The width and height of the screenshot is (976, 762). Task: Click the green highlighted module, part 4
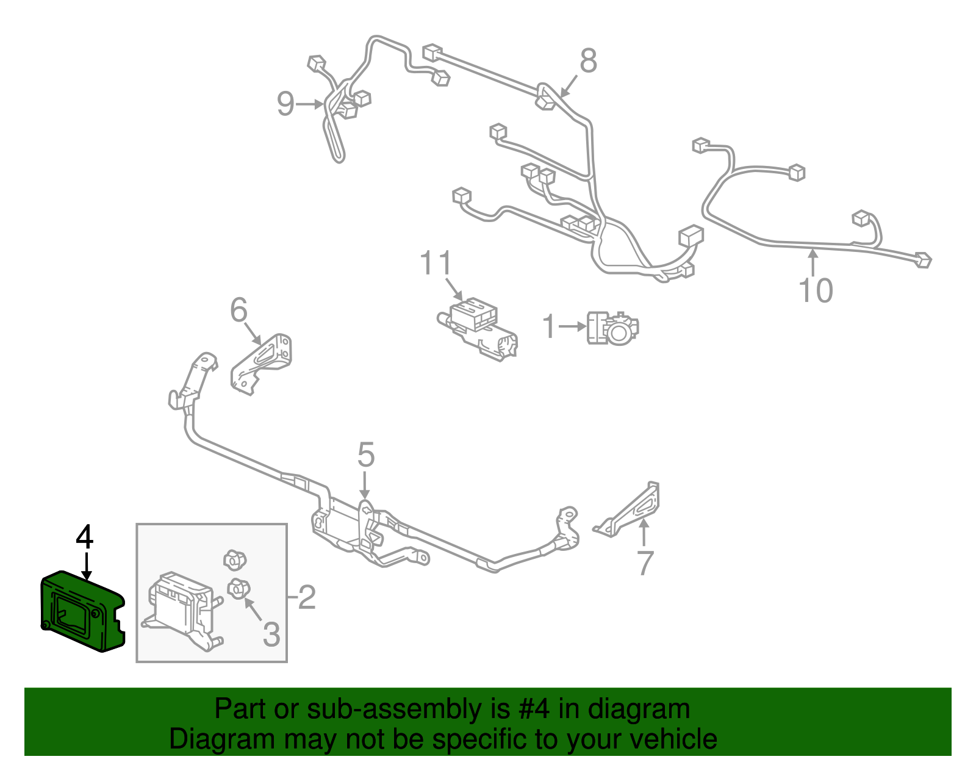[x=82, y=611]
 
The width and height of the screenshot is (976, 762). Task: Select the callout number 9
[x=285, y=104]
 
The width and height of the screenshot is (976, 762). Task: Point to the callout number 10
[x=816, y=290]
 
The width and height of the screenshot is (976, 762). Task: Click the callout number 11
[x=435, y=263]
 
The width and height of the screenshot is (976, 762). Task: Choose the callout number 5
[x=365, y=455]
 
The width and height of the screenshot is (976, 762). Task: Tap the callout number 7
[x=645, y=563]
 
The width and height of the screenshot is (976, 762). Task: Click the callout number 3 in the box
[x=271, y=634]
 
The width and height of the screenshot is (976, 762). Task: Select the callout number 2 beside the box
[x=307, y=597]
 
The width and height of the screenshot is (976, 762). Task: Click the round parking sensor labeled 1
[x=612, y=329]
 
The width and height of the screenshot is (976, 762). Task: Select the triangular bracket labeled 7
[x=629, y=510]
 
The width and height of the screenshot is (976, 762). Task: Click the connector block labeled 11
[x=477, y=329]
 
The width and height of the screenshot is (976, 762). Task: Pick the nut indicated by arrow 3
[x=238, y=588]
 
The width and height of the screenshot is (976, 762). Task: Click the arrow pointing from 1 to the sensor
[x=572, y=326]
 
